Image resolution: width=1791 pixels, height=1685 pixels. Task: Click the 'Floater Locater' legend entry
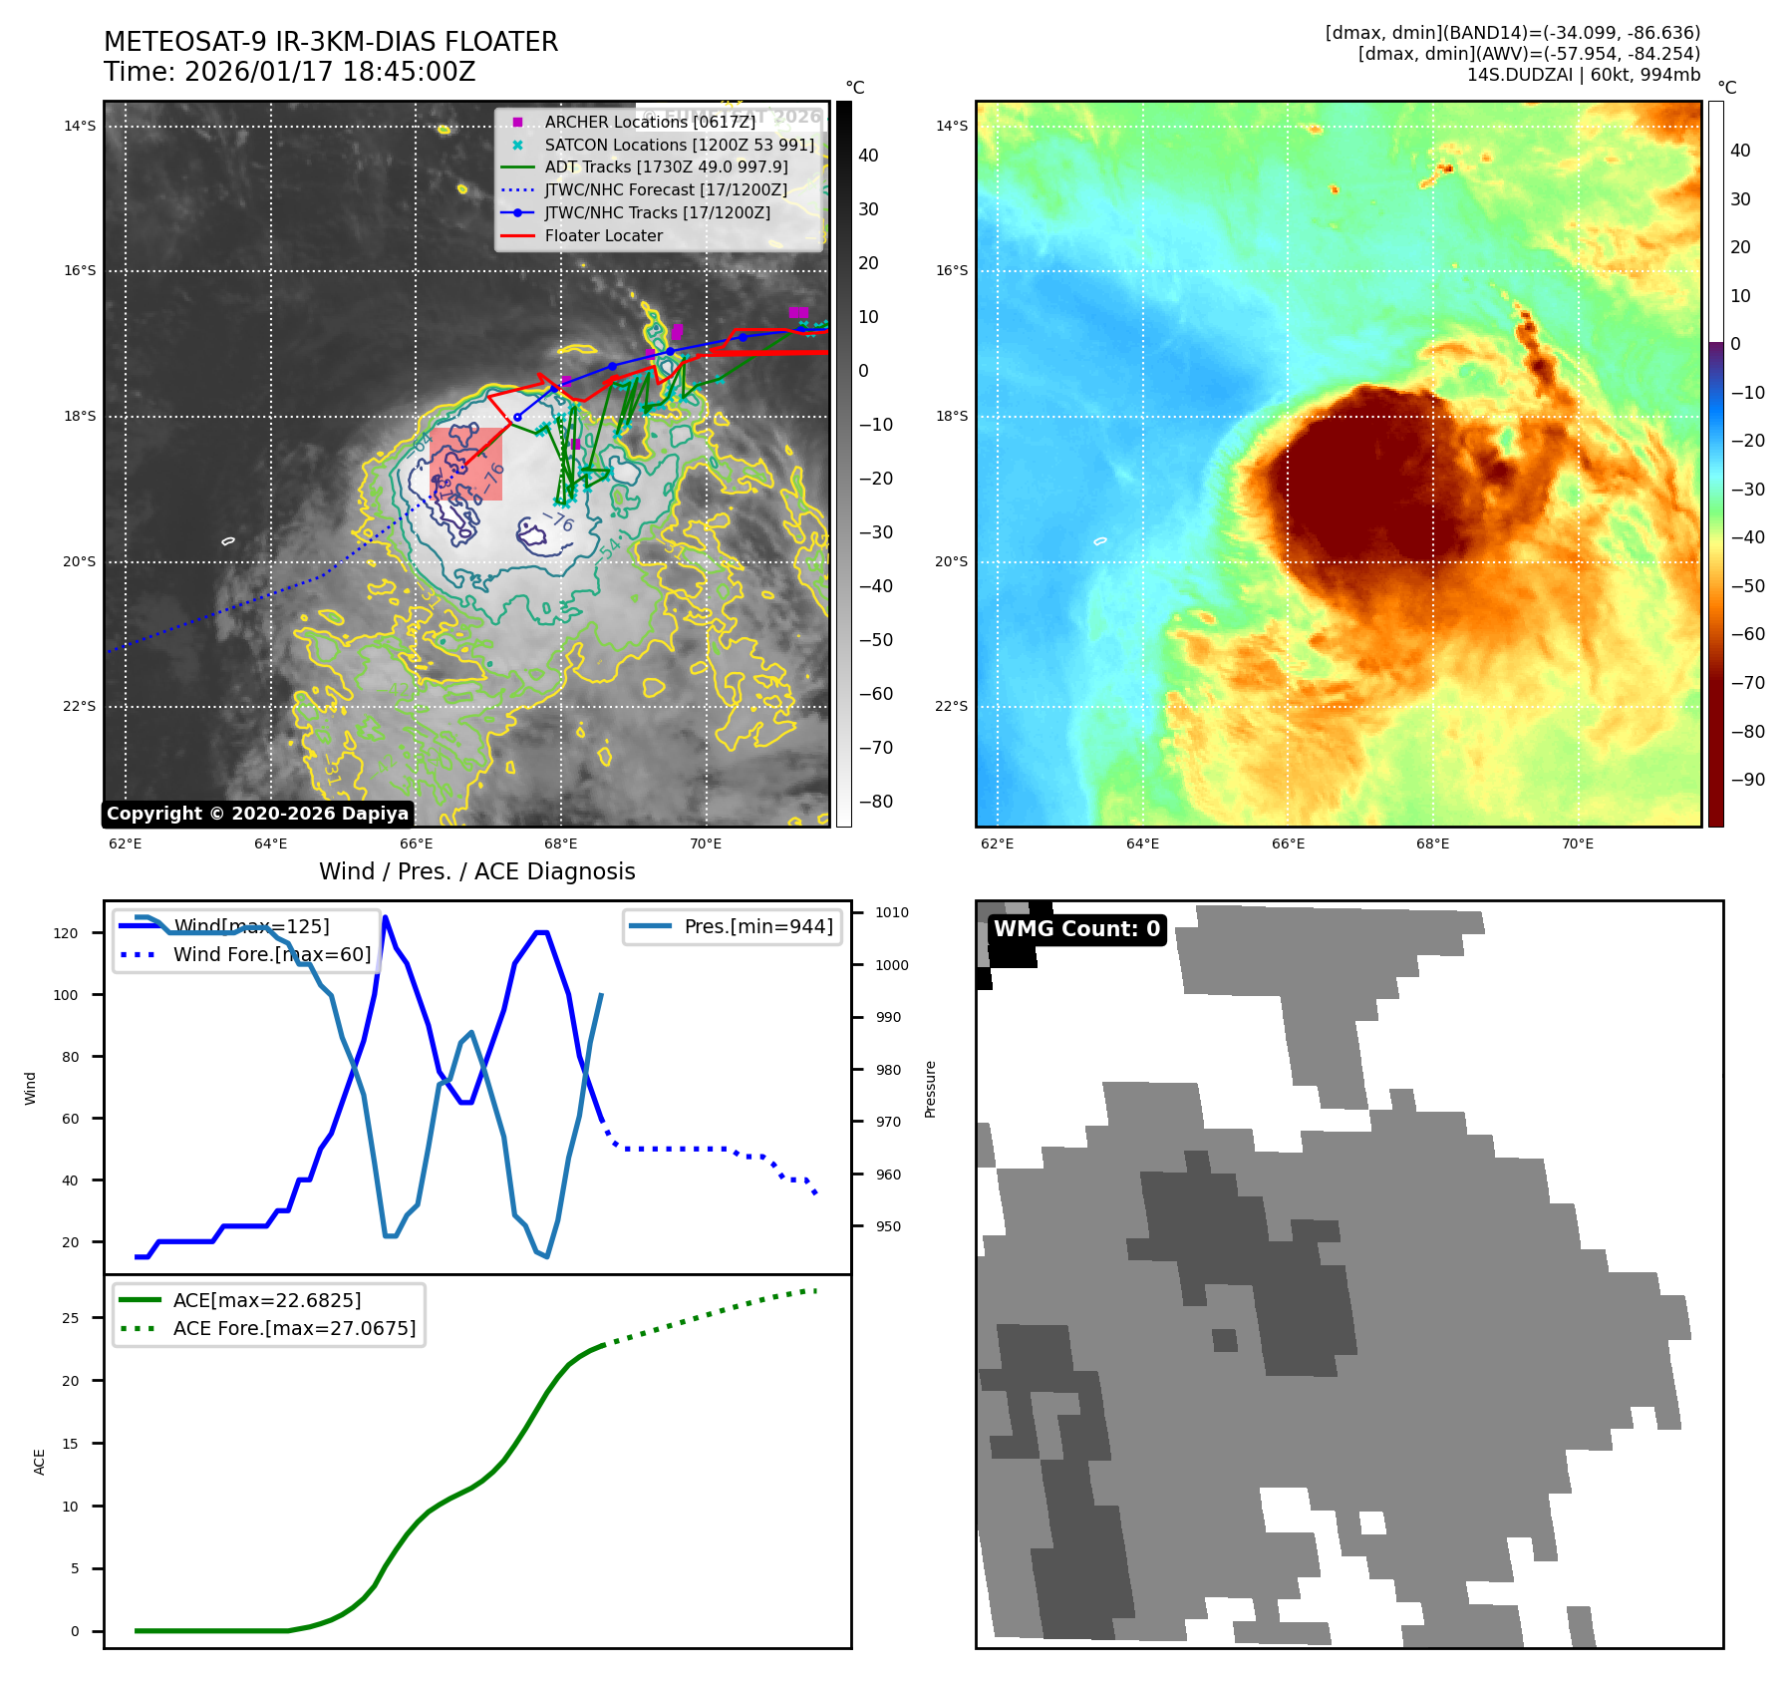[x=603, y=236]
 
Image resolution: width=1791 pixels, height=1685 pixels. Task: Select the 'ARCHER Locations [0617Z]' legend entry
[x=650, y=122]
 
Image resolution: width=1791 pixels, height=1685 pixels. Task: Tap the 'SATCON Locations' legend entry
[x=679, y=145]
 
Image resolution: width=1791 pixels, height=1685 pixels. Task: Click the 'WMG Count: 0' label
[x=1076, y=929]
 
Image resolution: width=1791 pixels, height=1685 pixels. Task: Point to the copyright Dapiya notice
[x=257, y=814]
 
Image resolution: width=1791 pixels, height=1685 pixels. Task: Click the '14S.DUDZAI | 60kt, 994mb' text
[x=1583, y=75]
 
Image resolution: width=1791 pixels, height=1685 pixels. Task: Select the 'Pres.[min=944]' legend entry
[x=757, y=926]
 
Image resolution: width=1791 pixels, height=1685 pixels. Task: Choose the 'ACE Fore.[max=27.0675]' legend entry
[x=294, y=1328]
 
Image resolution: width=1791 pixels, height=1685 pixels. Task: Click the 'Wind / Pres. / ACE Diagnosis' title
[x=476, y=871]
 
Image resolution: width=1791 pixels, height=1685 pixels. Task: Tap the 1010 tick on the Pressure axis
[x=892, y=912]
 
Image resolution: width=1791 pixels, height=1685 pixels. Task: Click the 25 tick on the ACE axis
[x=70, y=1318]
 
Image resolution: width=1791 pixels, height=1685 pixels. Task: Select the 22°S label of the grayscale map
[x=80, y=707]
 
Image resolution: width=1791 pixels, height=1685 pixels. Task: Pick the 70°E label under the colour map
[x=1577, y=843]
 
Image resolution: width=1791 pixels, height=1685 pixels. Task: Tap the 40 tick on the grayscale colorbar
[x=868, y=156]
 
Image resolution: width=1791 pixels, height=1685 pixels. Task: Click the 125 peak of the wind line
[x=385, y=917]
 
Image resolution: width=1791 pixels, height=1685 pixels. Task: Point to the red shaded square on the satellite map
[x=466, y=464]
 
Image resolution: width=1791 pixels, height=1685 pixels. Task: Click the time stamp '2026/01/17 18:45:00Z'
[x=330, y=72]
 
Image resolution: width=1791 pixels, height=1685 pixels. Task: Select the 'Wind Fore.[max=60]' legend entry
[x=271, y=954]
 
